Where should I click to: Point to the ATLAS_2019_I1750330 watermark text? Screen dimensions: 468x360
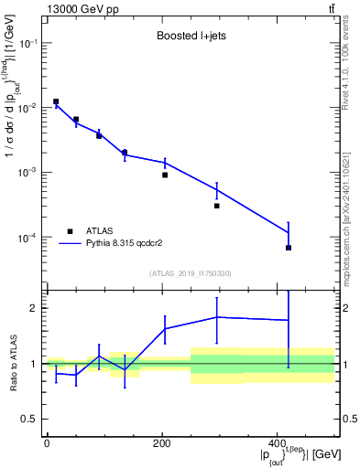click(190, 272)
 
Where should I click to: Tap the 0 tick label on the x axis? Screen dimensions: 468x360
click(47, 442)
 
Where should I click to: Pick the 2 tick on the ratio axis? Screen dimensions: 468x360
click(33, 308)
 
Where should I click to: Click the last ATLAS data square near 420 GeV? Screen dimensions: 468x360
click(288, 248)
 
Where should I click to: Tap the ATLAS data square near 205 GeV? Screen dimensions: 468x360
click(165, 175)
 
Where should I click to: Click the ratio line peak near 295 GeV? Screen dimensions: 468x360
click(217, 317)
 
